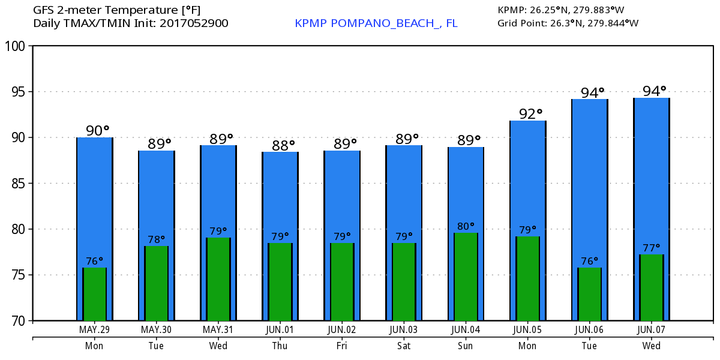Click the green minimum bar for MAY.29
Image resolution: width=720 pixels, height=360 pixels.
click(x=94, y=294)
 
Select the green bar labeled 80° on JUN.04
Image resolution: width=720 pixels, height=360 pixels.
click(x=466, y=277)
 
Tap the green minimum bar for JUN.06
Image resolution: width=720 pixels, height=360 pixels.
click(x=589, y=294)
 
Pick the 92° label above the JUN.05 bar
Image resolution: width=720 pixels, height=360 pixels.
click(x=530, y=113)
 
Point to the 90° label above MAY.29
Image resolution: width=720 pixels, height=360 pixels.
click(x=98, y=130)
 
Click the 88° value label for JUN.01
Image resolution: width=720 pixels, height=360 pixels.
click(x=283, y=145)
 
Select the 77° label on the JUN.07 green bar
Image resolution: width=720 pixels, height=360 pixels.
click(x=652, y=247)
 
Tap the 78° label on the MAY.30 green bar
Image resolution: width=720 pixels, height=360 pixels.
click(x=156, y=239)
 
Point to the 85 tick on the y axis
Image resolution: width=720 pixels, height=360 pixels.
click(x=18, y=184)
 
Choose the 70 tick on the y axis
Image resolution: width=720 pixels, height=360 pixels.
click(x=18, y=321)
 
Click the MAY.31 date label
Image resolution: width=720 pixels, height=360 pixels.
click(x=218, y=330)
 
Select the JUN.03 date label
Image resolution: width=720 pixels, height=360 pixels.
click(x=403, y=330)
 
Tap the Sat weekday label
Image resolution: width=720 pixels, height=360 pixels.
click(x=403, y=346)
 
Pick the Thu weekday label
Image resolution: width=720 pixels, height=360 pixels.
click(x=280, y=346)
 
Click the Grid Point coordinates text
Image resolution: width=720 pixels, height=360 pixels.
click(x=568, y=23)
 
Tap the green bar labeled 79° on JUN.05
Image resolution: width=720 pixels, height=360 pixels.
click(x=527, y=278)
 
